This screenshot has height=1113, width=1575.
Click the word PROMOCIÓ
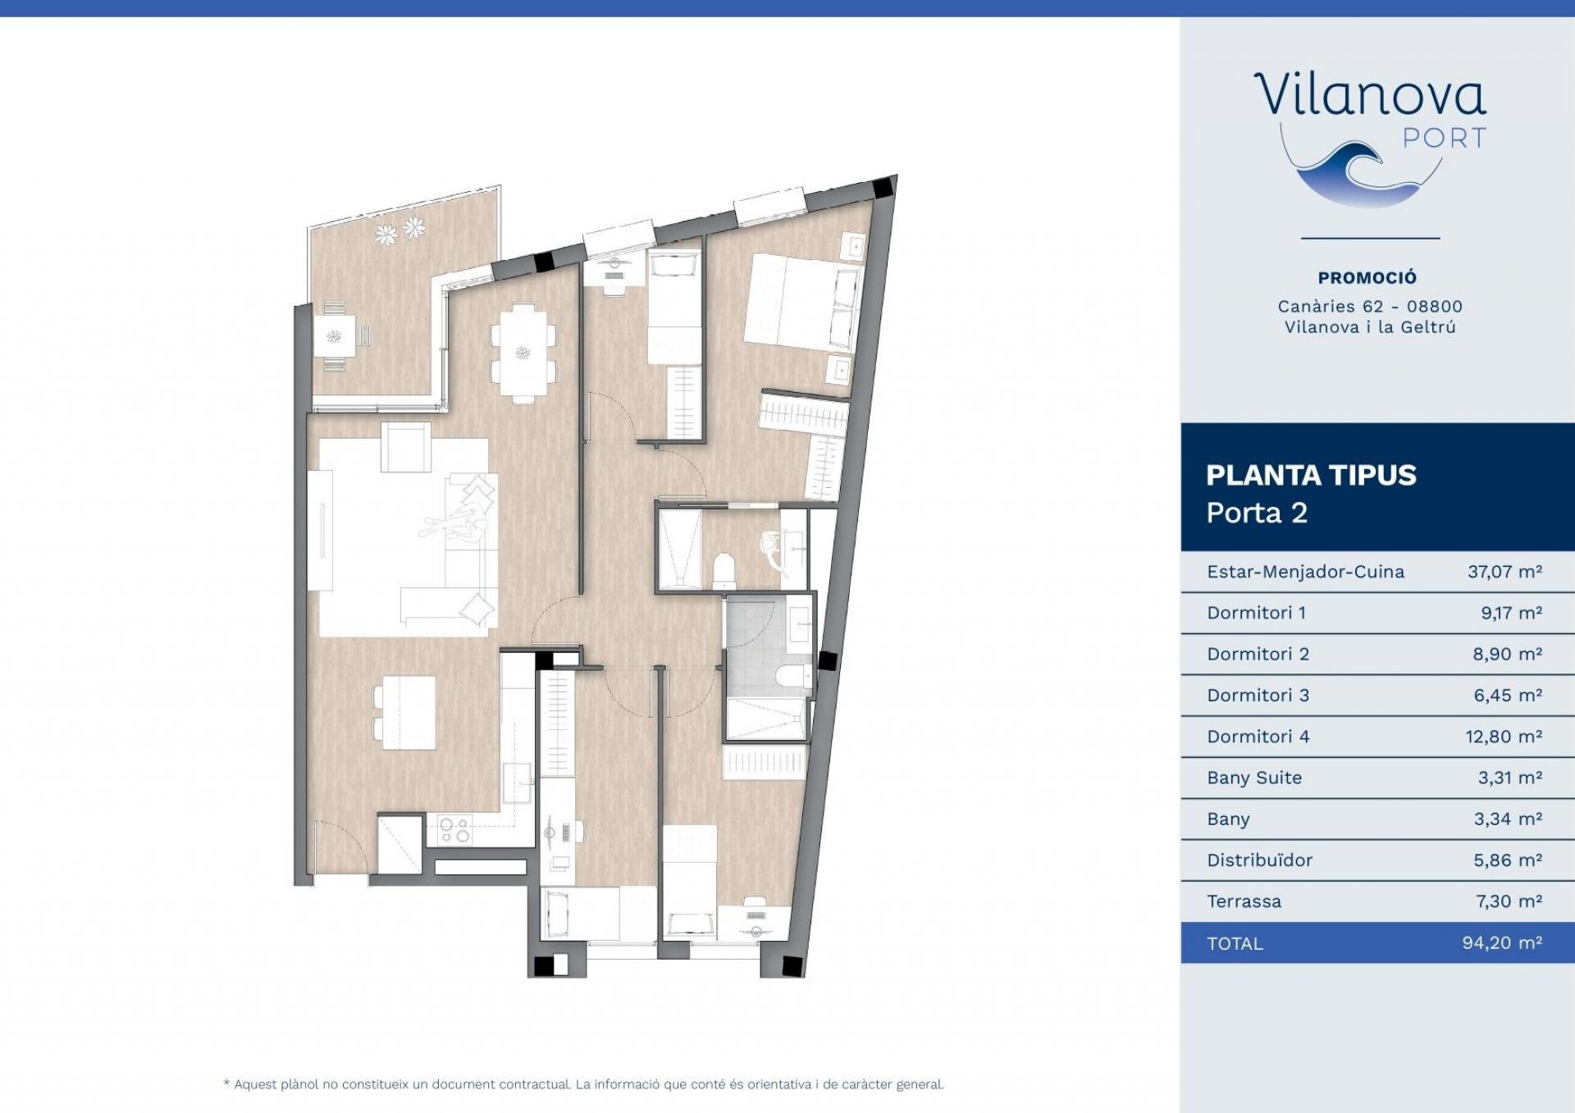tap(1367, 278)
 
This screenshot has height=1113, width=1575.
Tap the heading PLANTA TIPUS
tap(1311, 475)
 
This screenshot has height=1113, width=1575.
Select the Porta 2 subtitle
tap(1257, 513)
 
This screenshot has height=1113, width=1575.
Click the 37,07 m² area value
tap(1504, 572)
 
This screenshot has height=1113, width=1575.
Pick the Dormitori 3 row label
tap(1258, 696)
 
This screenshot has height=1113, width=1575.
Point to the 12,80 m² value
tap(1504, 737)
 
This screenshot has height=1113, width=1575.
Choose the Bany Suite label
tap(1254, 778)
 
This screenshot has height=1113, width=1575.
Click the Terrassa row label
tap(1244, 901)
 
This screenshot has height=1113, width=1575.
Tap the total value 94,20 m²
tap(1502, 943)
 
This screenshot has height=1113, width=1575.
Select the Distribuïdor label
tap(1259, 860)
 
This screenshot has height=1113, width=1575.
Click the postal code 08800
tap(1435, 307)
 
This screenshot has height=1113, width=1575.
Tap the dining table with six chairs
tap(523, 353)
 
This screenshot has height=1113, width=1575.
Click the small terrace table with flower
tap(335, 336)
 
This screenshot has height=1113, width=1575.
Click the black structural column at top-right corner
tap(883, 188)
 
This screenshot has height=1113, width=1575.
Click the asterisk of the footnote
tap(226, 1083)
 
